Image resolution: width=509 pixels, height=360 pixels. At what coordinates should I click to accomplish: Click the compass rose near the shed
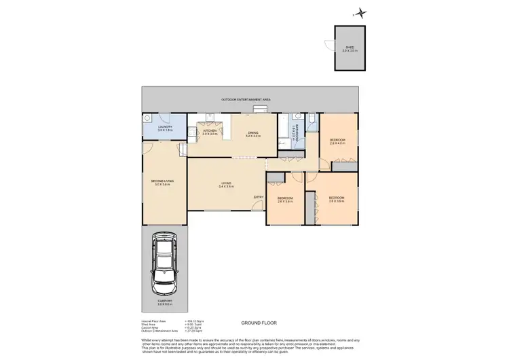click(x=362, y=12)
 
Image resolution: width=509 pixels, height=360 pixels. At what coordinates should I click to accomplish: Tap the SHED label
click(x=350, y=48)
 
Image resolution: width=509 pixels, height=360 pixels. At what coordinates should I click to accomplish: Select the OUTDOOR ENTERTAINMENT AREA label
click(x=246, y=100)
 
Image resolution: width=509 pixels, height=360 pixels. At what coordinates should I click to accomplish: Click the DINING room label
click(x=253, y=134)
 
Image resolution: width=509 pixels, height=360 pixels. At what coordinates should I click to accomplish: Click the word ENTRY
click(x=258, y=197)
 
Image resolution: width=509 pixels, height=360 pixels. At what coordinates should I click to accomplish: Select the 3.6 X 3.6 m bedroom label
click(x=337, y=199)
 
